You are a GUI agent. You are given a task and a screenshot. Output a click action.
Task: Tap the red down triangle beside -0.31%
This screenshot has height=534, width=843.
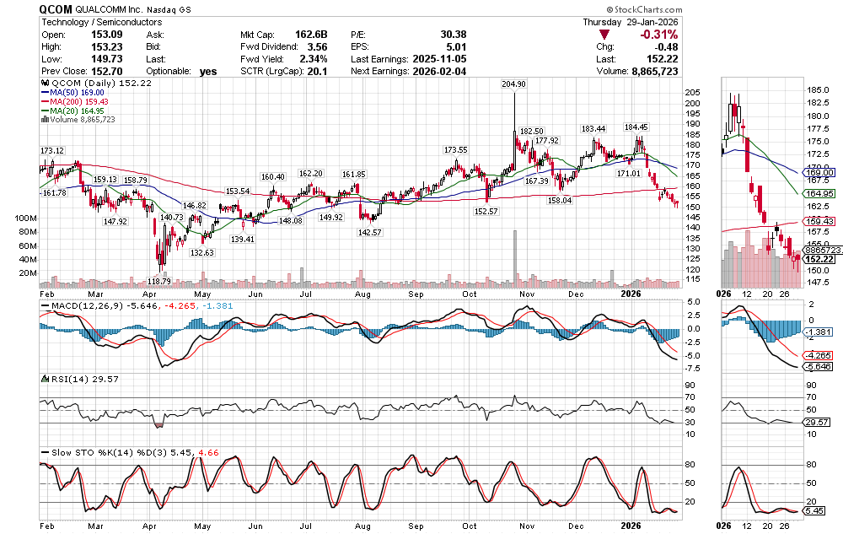pyautogui.click(x=604, y=35)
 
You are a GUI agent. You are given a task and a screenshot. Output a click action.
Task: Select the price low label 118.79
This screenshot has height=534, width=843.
pyautogui.click(x=159, y=281)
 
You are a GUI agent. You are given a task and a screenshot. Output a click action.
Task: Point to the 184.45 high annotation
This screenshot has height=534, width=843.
pyautogui.click(x=636, y=127)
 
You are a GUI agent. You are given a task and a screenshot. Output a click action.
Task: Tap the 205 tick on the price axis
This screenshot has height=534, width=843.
pyautogui.click(x=693, y=92)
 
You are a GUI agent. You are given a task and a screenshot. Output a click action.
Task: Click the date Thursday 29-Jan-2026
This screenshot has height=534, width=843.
pyautogui.click(x=631, y=21)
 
